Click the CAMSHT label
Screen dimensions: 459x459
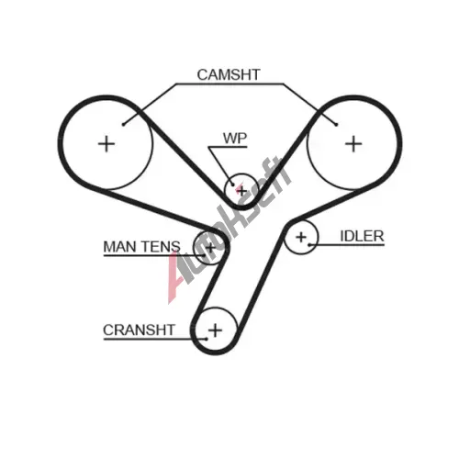click(x=229, y=75)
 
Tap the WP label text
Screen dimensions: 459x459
click(x=235, y=139)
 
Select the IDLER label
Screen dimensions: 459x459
click(x=362, y=236)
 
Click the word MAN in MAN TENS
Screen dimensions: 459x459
click(x=119, y=247)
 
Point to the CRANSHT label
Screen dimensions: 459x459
click(x=139, y=330)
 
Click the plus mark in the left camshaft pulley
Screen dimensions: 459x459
click(x=106, y=144)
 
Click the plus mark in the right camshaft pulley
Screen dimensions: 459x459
click(x=353, y=144)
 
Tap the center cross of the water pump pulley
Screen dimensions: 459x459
click(x=241, y=192)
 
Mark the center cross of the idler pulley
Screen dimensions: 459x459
click(x=301, y=237)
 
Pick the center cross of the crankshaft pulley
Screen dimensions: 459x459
click(x=216, y=330)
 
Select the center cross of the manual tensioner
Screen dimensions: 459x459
click(x=210, y=247)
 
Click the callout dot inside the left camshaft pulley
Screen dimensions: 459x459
click(x=123, y=124)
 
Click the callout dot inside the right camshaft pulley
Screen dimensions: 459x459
click(x=336, y=124)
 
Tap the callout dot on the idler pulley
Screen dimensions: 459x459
click(x=309, y=245)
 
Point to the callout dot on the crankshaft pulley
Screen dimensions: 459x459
click(x=207, y=339)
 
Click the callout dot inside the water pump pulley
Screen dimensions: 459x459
click(x=233, y=185)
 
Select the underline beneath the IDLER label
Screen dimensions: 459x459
click(x=347, y=245)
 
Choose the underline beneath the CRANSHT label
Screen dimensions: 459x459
click(x=155, y=339)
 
